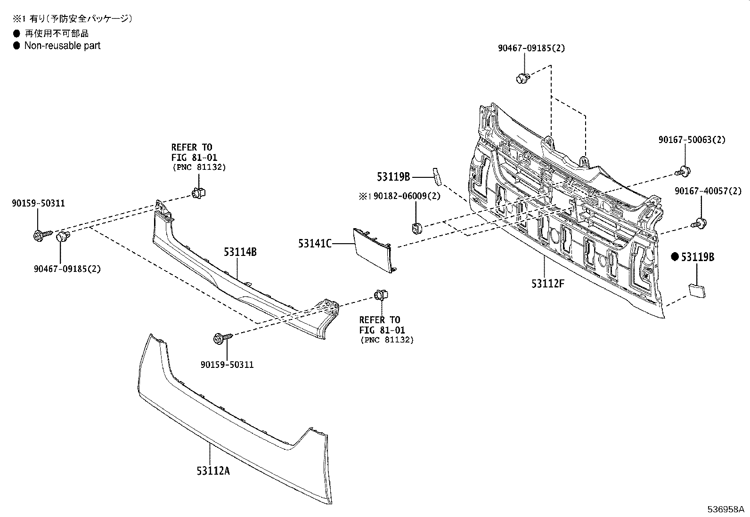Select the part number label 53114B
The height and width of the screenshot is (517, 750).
coord(240,252)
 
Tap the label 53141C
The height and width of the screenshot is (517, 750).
coord(315,243)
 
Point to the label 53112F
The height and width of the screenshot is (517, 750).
coord(547,284)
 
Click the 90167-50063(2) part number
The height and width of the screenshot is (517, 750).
coord(692,140)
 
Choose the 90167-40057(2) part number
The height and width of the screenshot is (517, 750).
coord(708,191)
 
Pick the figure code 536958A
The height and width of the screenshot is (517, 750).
coord(726,509)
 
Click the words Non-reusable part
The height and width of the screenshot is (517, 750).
coord(62,46)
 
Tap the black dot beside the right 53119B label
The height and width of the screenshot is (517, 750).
coord(675,256)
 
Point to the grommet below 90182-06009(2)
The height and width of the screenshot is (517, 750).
coord(416,228)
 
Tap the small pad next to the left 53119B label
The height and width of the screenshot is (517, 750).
coord(437,176)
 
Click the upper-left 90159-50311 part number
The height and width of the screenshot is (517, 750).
coord(38,203)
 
